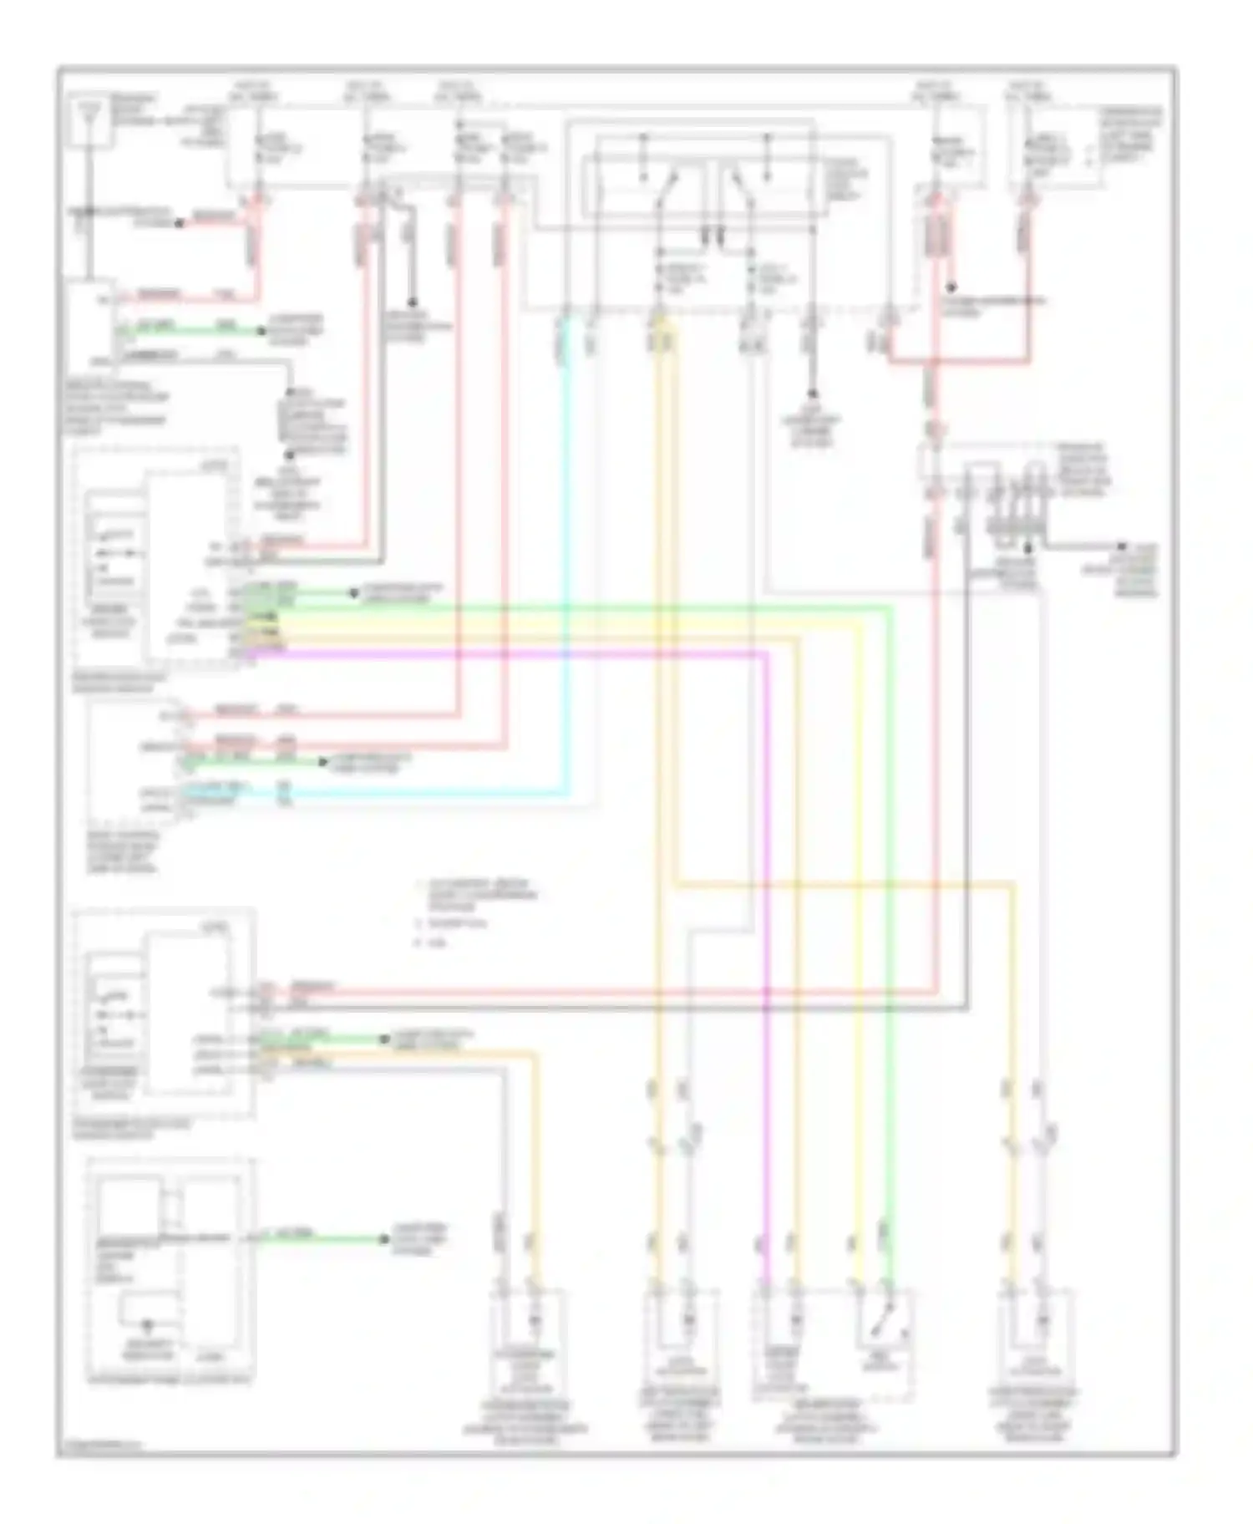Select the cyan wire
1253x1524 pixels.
[x=567, y=585]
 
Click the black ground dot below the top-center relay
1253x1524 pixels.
[x=811, y=394]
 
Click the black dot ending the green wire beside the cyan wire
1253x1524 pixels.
[x=323, y=762]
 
